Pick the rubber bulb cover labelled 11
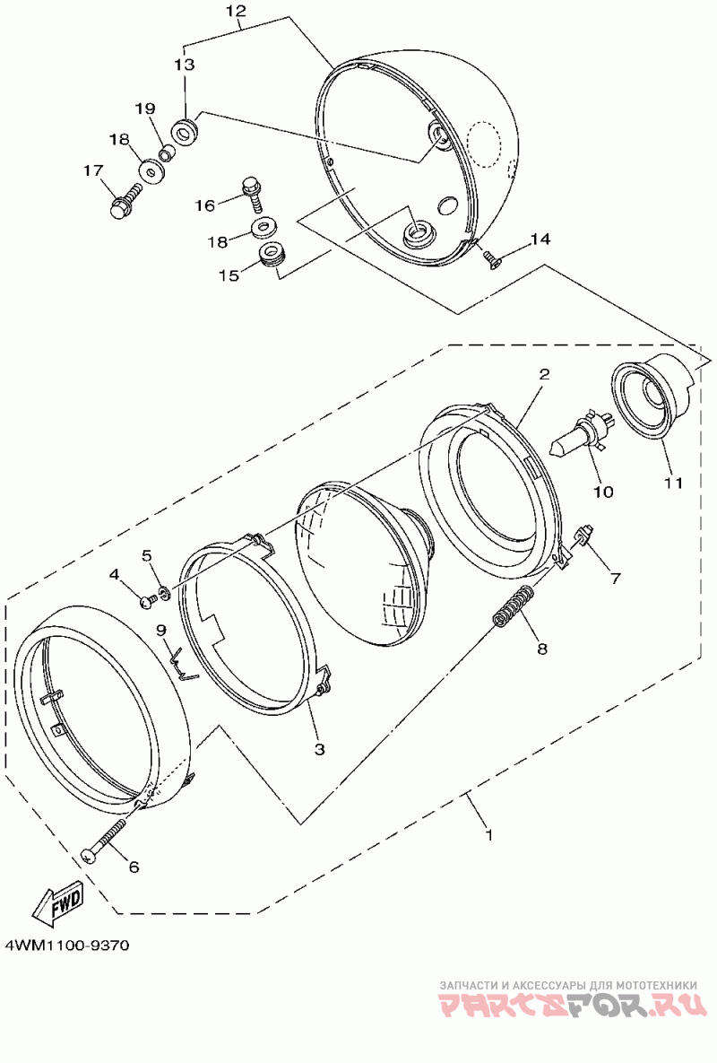point(652,394)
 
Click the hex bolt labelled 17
point(124,199)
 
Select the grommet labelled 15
point(271,257)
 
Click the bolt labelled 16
point(252,190)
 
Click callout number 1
point(488,834)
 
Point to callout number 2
point(543,373)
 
